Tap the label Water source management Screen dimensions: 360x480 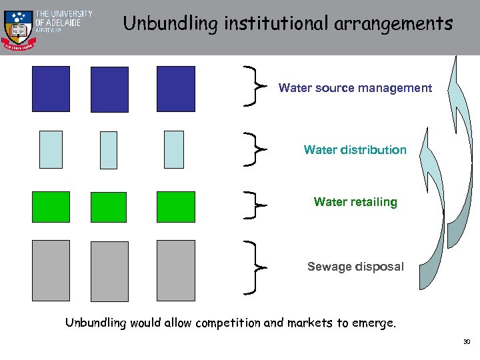click(355, 88)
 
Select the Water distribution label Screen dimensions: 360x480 click(355, 150)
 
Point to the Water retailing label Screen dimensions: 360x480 click(355, 202)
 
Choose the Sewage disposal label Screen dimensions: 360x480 click(355, 267)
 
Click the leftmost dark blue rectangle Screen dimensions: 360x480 click(51, 89)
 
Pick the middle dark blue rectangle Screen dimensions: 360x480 click(109, 89)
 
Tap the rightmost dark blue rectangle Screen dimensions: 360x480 click(176, 89)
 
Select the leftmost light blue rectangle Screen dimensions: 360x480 click(51, 149)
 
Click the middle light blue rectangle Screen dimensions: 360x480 click(108, 150)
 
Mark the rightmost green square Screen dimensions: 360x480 click(176, 207)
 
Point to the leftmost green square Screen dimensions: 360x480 click(51, 207)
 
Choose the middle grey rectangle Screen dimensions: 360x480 click(109, 271)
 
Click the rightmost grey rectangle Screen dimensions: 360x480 click(176, 271)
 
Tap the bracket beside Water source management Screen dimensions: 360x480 click(254, 85)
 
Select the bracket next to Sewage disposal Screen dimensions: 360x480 click(254, 267)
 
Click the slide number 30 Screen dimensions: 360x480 click(466, 343)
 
